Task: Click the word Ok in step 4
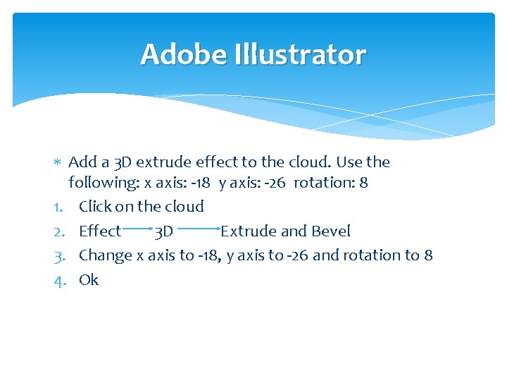coord(89,279)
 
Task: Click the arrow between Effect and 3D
coord(138,229)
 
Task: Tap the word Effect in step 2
coord(100,231)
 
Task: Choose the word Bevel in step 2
coord(331,231)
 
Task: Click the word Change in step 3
coord(106,255)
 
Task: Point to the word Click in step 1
coord(94,207)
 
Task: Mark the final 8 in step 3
coord(428,255)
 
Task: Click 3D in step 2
coord(164,231)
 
